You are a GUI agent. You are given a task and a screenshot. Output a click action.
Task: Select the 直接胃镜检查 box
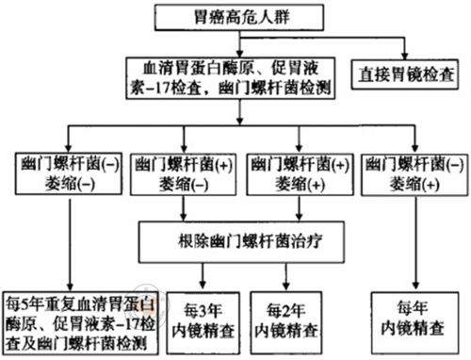coord(406,72)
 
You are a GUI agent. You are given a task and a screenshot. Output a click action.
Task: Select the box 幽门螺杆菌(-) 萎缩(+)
coord(417,170)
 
